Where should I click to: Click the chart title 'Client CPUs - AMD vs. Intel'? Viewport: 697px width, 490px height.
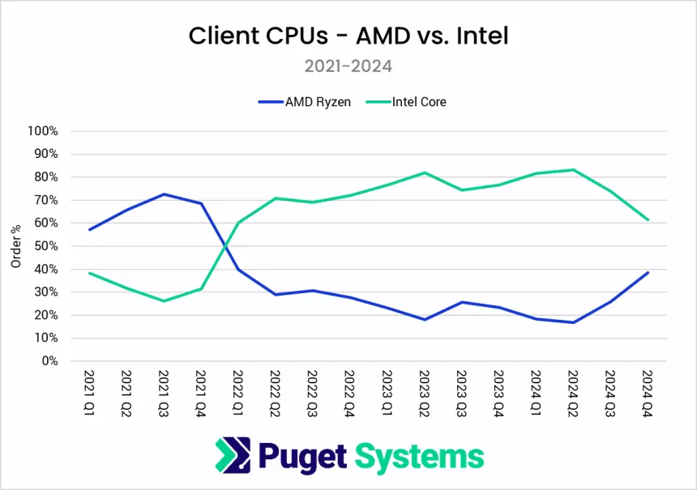[348, 36]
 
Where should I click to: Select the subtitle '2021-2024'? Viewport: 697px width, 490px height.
[348, 66]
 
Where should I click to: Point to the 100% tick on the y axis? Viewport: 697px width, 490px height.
[43, 131]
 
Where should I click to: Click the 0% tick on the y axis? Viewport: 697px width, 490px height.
[49, 361]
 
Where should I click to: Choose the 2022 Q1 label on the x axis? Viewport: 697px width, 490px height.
[237, 392]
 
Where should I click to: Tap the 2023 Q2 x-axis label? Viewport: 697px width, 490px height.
[424, 392]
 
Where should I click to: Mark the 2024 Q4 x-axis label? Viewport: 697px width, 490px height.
[648, 392]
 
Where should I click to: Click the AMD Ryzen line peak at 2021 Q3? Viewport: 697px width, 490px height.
[164, 194]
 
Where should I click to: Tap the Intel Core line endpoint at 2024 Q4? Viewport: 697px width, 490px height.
[648, 219]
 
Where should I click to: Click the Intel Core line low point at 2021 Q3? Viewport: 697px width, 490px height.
[164, 301]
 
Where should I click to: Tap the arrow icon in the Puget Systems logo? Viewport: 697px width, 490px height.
[233, 456]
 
